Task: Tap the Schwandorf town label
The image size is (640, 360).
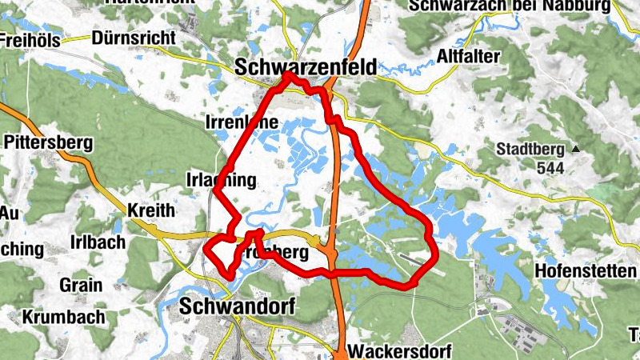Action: [x=238, y=306]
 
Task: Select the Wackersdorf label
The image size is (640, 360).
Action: [x=401, y=351]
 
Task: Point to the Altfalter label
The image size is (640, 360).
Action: [x=469, y=56]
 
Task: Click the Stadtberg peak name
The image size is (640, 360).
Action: [x=530, y=149]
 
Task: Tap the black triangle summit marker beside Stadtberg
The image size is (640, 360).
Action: [x=574, y=149]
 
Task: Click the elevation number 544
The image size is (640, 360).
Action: [x=551, y=168]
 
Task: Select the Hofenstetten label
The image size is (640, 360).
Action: [x=585, y=270]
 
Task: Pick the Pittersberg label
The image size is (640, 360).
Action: [x=49, y=143]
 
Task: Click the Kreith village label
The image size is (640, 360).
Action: [x=150, y=211]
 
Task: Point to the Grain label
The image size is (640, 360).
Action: [x=81, y=285]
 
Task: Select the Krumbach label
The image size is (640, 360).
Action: [x=64, y=317]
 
